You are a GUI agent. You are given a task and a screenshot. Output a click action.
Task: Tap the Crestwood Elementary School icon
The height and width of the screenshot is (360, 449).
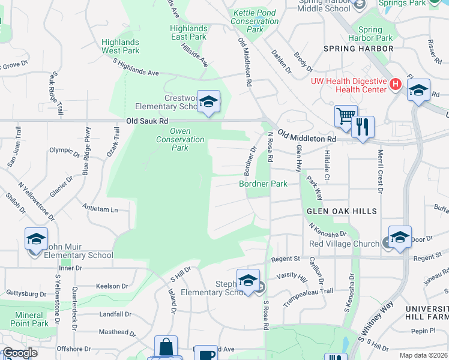pyautogui.click(x=208, y=102)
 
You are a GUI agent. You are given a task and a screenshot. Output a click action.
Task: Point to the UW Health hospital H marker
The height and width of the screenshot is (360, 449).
pyautogui.click(x=395, y=85)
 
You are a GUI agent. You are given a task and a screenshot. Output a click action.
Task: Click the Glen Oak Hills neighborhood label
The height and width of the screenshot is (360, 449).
pyautogui.click(x=342, y=211)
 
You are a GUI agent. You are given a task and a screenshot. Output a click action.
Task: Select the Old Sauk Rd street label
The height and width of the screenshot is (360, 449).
pyautogui.click(x=142, y=121)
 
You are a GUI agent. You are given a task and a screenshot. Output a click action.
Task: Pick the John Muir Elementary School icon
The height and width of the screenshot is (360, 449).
pyautogui.click(x=36, y=239)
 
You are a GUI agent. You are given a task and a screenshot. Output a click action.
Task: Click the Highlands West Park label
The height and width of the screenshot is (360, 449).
pyautogui.click(x=120, y=46)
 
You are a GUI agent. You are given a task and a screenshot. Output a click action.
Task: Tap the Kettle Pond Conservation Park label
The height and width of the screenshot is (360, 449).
pyautogui.click(x=256, y=21)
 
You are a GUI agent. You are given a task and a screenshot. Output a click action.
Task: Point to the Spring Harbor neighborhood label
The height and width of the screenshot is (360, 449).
pyautogui.click(x=358, y=48)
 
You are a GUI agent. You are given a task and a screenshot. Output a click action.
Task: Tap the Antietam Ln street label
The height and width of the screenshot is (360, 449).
pyautogui.click(x=100, y=209)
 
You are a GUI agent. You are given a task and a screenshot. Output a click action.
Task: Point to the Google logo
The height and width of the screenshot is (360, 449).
pyautogui.click(x=20, y=353)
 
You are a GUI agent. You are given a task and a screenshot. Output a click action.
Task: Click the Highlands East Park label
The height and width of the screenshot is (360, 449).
pyautogui.click(x=188, y=32)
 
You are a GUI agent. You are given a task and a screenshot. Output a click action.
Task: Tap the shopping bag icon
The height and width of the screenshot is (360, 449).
pyautogui.click(x=166, y=347)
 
